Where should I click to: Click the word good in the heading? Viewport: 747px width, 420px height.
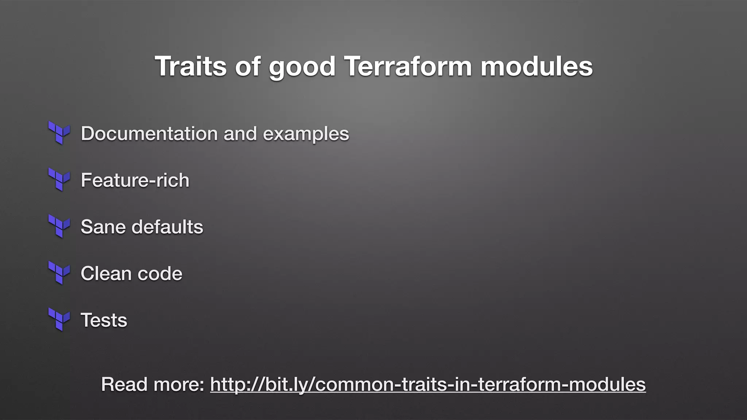tap(302, 67)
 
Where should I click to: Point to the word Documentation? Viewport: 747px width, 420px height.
tap(149, 133)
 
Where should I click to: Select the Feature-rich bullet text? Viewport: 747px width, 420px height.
tap(135, 180)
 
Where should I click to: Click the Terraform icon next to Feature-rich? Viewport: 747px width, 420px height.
tap(59, 179)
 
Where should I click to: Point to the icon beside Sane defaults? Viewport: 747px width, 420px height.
tap(59, 226)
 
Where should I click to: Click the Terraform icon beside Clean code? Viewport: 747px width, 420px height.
tap(59, 273)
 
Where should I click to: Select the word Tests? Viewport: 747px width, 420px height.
tap(104, 320)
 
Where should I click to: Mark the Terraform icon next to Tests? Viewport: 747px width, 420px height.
tap(59, 319)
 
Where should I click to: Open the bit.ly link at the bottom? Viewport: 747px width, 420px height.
tap(428, 384)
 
